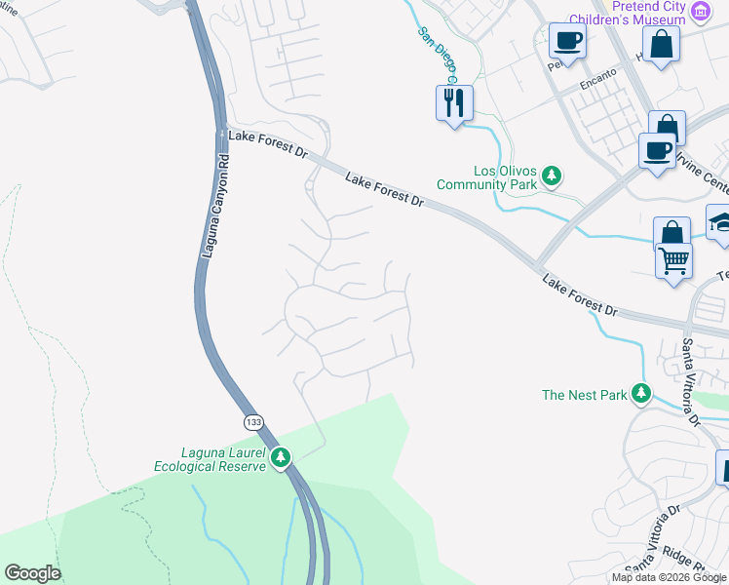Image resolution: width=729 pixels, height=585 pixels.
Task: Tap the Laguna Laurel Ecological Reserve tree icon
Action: [282, 456]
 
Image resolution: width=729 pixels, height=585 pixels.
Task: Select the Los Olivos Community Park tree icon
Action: [553, 175]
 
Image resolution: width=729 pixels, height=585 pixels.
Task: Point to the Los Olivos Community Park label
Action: [486, 176]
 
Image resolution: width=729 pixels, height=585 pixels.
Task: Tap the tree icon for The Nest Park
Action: [641, 394]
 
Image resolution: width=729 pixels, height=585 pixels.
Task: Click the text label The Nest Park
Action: [585, 395]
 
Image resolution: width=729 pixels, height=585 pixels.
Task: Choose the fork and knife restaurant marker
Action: [454, 101]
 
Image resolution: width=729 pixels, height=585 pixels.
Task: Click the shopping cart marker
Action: [673, 261]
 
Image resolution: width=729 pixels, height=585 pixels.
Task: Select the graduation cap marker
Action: [721, 222]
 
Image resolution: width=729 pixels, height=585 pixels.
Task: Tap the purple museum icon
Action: [700, 12]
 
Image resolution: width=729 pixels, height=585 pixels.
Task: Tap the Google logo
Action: [32, 573]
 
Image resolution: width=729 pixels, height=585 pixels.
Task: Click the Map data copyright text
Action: [669, 577]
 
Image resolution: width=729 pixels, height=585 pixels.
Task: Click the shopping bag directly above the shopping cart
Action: [671, 234]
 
